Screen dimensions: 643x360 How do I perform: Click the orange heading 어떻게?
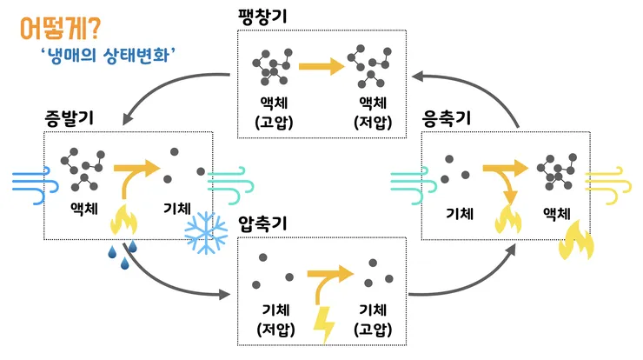tap(60, 29)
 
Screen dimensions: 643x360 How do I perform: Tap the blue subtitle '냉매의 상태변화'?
tap(109, 55)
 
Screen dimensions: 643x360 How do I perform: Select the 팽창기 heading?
tap(262, 17)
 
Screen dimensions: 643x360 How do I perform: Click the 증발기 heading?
tap(70, 117)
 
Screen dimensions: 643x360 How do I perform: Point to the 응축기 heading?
tap(447, 118)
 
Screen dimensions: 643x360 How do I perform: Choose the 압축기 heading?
tap(262, 223)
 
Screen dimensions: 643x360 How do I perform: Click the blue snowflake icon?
tap(206, 232)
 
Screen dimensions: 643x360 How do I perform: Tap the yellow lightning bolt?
tap(325, 324)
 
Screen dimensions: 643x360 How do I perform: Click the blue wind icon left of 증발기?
tap(36, 185)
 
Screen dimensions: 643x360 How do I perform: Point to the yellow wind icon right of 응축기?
tap(608, 185)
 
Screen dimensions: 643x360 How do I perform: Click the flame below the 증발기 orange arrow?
tap(123, 220)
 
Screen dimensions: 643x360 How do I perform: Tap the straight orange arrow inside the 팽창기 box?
tap(321, 66)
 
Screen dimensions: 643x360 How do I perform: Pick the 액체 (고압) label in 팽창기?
tap(274, 112)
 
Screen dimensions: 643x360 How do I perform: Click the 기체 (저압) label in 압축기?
tap(275, 320)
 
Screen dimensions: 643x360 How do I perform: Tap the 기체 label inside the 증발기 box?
tap(177, 208)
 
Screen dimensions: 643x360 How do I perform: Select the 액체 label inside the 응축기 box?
tap(556, 213)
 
